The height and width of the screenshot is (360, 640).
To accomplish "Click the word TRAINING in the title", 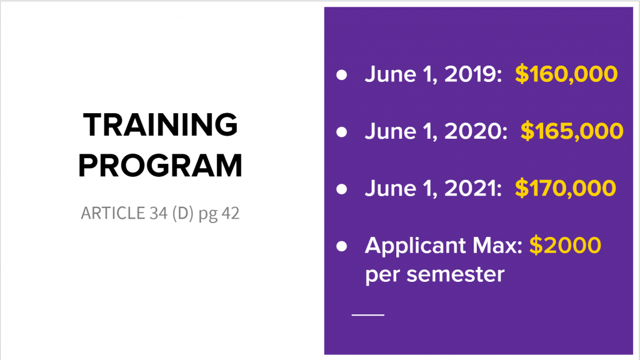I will [160, 125].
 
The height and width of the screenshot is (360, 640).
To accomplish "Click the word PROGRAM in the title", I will [160, 166].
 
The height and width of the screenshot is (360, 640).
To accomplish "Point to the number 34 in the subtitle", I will [157, 214].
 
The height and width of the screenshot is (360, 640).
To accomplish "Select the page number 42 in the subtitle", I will [227, 214].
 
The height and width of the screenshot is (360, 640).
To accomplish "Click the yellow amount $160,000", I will [566, 74].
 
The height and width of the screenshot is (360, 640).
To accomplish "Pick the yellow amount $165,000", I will [572, 131].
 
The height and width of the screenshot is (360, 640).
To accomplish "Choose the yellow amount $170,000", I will [566, 188].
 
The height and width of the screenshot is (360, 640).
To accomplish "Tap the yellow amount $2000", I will [565, 245].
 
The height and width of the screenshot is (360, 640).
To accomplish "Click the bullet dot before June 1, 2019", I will [341, 75].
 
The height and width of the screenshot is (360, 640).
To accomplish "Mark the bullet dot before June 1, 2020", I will [341, 132].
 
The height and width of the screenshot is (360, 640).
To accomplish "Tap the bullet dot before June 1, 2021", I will [341, 189].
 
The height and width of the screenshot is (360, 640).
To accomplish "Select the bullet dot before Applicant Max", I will [341, 246].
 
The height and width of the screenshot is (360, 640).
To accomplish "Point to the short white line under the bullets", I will [368, 314].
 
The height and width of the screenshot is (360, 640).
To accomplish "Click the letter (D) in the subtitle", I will [182, 214].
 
